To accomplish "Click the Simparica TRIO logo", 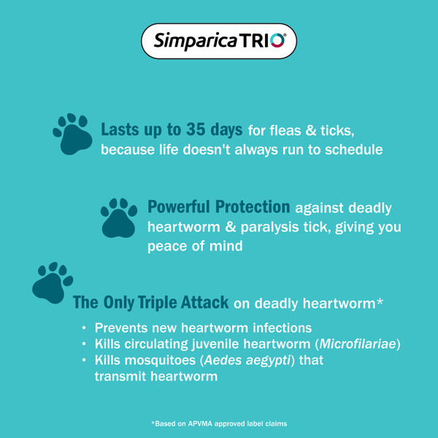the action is (219, 41).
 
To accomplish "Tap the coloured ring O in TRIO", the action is (277, 40).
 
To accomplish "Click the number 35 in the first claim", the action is (196, 130).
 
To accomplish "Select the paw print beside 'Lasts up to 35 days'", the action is (72, 134).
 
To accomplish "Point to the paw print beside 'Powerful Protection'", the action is (119, 218).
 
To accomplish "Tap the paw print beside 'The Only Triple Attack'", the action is (53, 283).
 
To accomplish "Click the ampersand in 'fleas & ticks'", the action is (311, 131).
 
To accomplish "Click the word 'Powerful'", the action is (179, 207).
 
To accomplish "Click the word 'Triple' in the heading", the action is (157, 302).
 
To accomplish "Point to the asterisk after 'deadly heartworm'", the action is (379, 301).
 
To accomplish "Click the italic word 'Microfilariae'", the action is (358, 344).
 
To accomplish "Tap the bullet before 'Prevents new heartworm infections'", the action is (84, 328).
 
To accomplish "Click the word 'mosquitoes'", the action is (160, 361).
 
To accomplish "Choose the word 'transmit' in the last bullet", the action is (120, 376).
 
